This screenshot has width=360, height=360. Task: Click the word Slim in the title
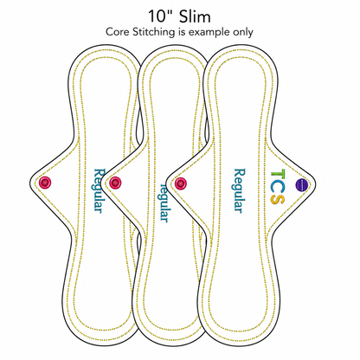(195, 16)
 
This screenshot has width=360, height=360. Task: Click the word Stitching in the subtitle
(153, 32)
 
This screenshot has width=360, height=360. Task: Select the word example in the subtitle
(205, 32)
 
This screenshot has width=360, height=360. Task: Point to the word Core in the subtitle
(118, 32)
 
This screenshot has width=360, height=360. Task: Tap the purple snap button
(300, 184)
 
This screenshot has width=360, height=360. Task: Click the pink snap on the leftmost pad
(45, 183)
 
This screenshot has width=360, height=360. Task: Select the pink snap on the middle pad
(115, 183)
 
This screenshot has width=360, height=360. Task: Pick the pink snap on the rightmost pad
(181, 183)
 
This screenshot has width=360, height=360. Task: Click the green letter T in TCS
(278, 175)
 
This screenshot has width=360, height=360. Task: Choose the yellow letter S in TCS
(278, 199)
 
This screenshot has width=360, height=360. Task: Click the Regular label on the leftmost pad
(98, 190)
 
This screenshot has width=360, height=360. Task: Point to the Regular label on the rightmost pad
(239, 190)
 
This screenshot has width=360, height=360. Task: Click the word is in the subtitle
(181, 32)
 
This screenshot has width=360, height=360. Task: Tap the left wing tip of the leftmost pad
(30, 183)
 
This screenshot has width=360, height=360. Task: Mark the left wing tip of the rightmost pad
(167, 183)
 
